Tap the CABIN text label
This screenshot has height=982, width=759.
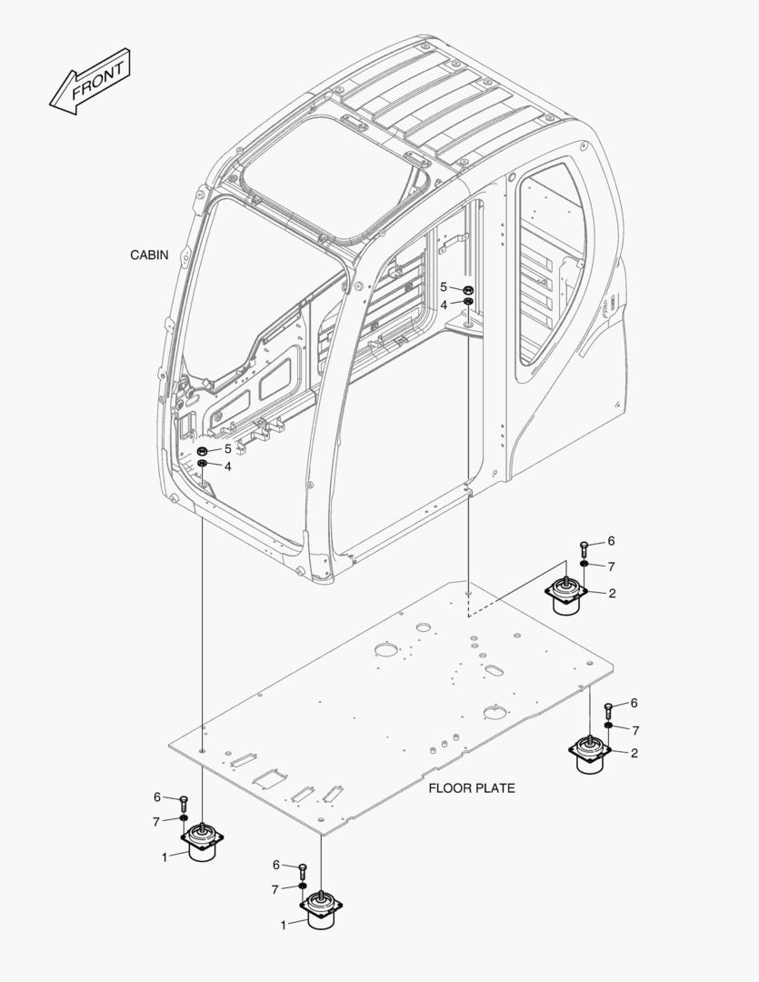pos(149,256)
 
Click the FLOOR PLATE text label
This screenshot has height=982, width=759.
pos(471,788)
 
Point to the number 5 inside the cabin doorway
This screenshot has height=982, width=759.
pos(444,287)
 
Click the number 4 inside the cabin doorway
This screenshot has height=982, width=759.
pos(444,305)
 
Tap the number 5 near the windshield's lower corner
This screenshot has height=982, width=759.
pos(227,449)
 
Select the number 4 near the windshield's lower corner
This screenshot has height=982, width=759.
pos(227,466)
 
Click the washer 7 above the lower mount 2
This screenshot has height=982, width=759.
pos(608,726)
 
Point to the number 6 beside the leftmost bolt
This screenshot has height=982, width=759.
pos(157,797)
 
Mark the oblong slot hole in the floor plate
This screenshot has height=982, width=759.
pos(495,670)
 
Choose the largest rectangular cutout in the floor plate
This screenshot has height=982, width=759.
pos(270,777)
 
